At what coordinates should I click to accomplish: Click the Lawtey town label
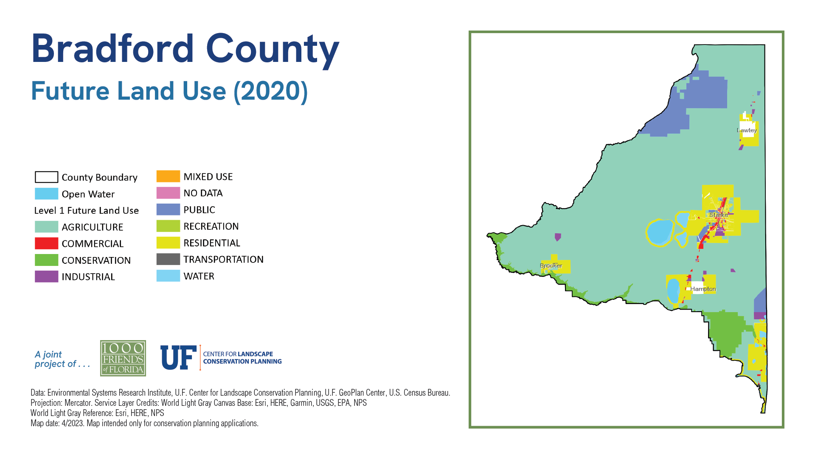point(747,130)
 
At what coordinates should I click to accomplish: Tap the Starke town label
point(719,215)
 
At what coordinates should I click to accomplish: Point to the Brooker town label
point(551,265)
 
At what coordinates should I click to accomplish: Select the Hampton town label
point(703,289)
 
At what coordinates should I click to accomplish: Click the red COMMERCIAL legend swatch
point(46,243)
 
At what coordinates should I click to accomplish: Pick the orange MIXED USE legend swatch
point(168,176)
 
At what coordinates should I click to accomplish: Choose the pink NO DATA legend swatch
point(168,193)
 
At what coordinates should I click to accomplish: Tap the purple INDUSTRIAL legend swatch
point(46,276)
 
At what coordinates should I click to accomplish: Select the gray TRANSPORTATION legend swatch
point(168,259)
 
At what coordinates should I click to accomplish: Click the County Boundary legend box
point(46,177)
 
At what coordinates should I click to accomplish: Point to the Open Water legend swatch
point(46,194)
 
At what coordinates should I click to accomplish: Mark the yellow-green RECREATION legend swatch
point(168,226)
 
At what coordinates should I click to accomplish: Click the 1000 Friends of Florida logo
point(123,358)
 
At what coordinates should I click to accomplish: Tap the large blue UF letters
point(178,357)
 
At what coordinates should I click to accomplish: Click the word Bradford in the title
point(113,48)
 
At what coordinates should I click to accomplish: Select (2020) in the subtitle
point(271,91)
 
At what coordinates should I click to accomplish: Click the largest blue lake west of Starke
point(660,232)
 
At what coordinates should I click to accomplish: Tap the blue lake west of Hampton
point(673,291)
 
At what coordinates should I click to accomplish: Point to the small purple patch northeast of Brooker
point(558,237)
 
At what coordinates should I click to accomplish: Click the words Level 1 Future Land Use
point(87,210)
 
